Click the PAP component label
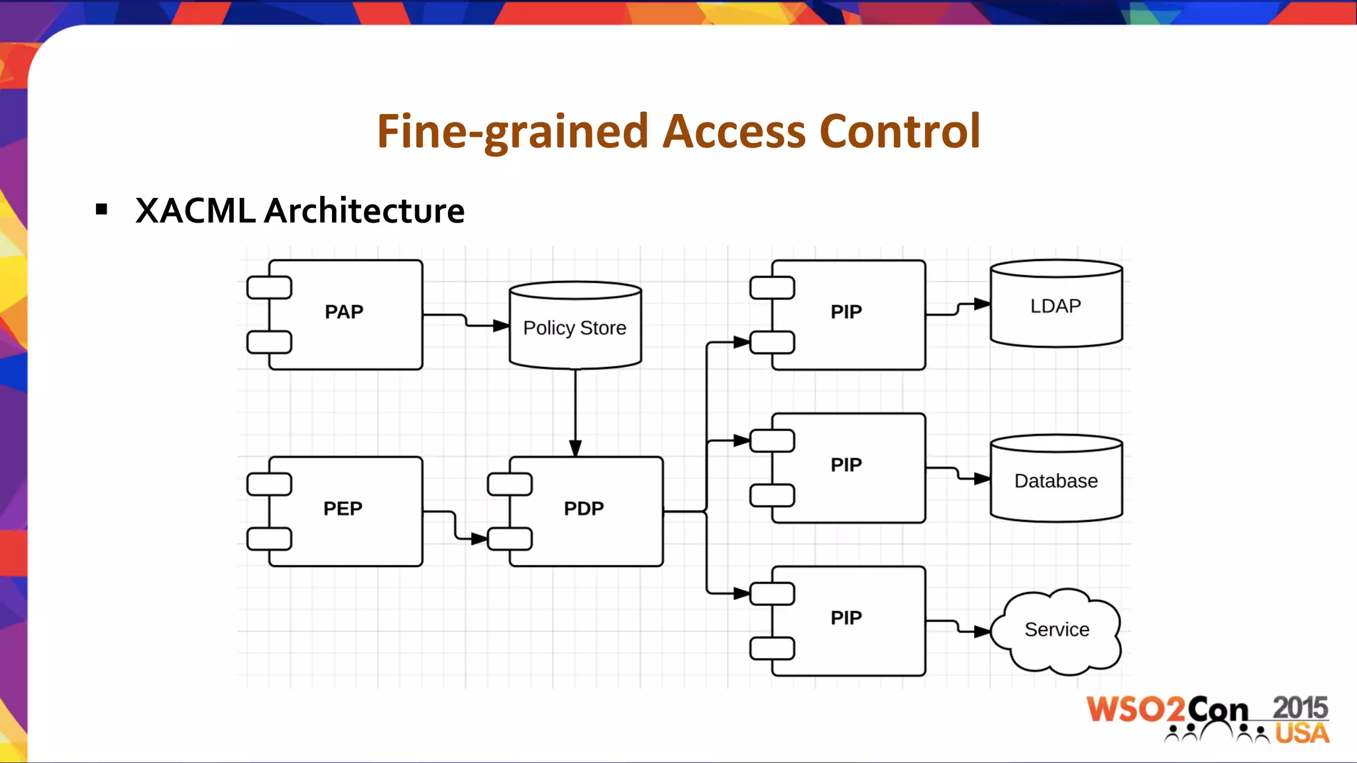click(344, 312)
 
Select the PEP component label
click(343, 509)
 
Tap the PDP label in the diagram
click(584, 509)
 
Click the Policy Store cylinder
click(574, 328)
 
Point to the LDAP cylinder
click(1056, 306)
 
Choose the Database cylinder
click(1056, 481)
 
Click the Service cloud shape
click(1057, 630)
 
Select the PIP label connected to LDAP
click(846, 312)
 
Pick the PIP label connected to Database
click(846, 465)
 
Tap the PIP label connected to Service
click(846, 618)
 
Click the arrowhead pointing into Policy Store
click(501, 326)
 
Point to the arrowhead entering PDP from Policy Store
click(575, 448)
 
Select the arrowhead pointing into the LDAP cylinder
click(982, 304)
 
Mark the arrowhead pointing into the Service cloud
click(982, 632)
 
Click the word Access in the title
click(734, 131)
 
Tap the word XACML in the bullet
click(195, 211)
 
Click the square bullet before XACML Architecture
click(101, 210)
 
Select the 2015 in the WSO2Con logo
click(1299, 708)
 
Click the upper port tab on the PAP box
click(269, 288)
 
